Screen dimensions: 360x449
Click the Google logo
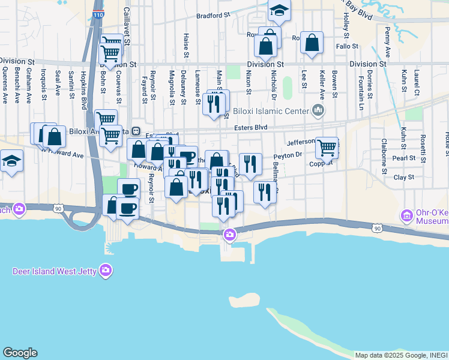click(20, 353)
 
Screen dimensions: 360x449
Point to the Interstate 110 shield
click(97, 13)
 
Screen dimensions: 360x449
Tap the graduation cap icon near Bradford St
click(279, 10)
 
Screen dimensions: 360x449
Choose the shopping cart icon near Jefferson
click(327, 147)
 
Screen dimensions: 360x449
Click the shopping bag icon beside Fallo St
click(312, 43)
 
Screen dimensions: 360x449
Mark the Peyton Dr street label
click(288, 155)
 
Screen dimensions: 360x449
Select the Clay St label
click(404, 178)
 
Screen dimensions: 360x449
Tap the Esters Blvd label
click(251, 127)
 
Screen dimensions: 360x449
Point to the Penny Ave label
click(388, 39)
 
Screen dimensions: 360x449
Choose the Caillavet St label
click(127, 20)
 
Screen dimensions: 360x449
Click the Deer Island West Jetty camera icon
click(106, 269)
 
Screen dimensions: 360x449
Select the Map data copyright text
click(401, 355)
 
